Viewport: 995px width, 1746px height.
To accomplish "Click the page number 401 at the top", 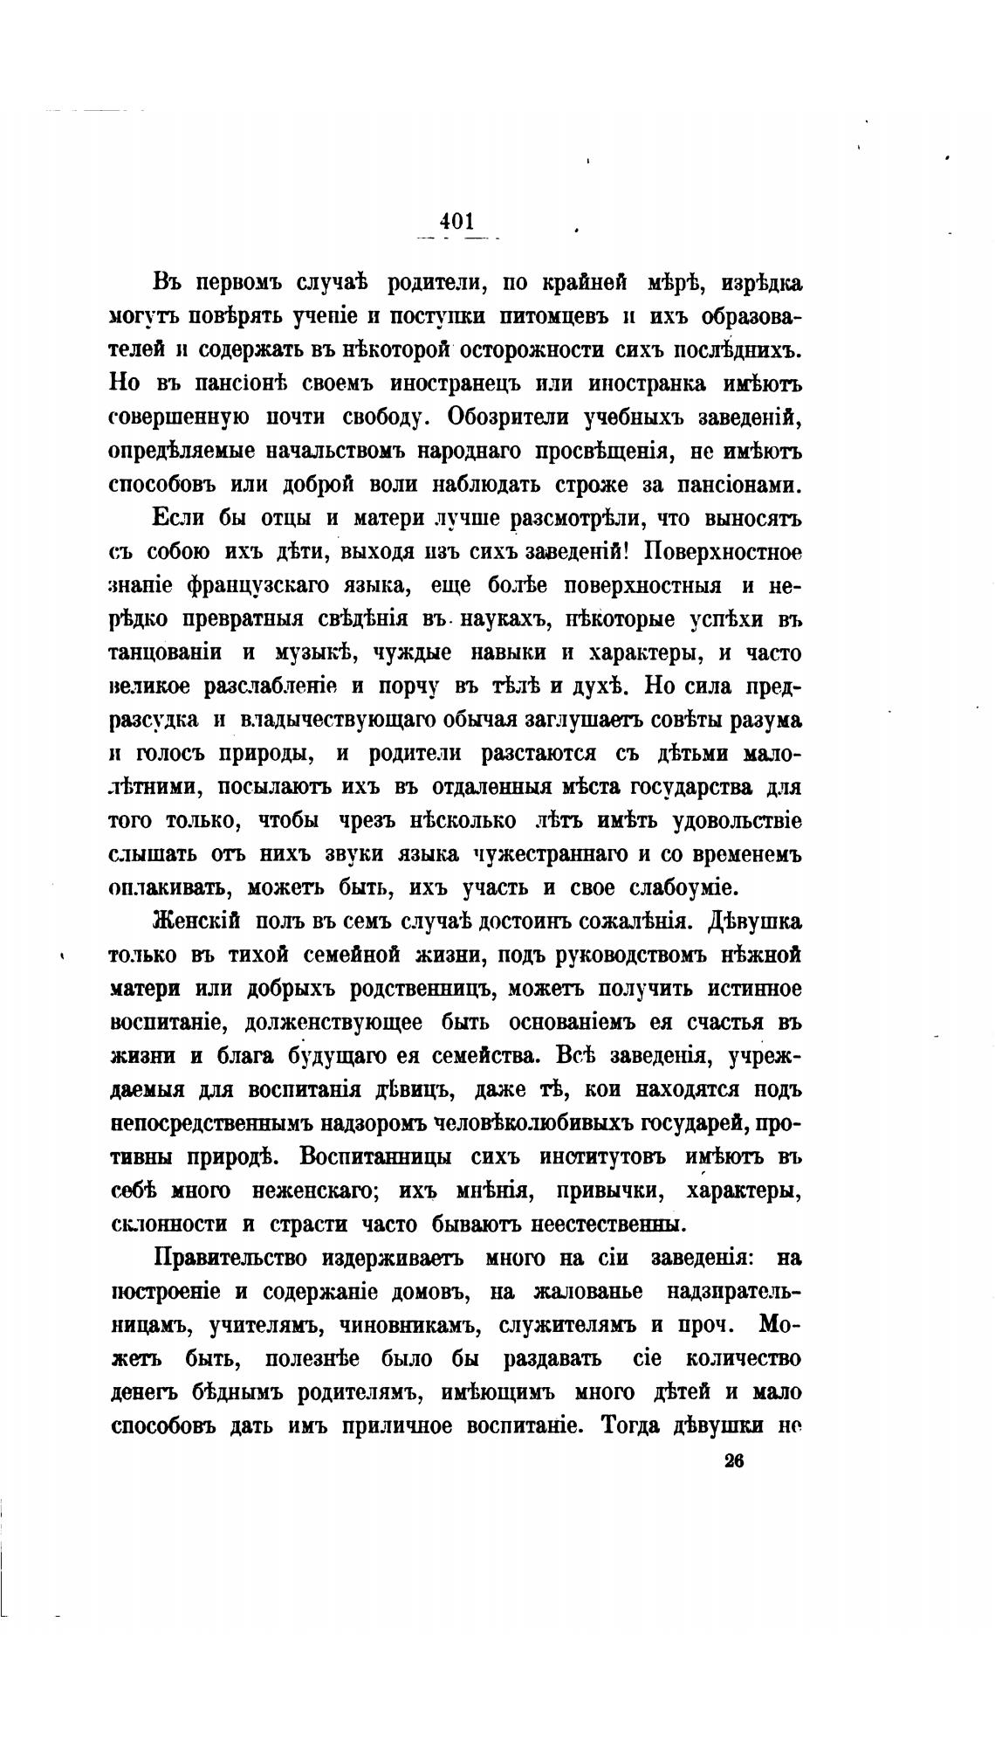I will click(x=456, y=221).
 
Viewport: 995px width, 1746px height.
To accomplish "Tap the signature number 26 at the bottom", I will click(x=733, y=1462).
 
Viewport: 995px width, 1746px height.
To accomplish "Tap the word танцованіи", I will click(x=163, y=652).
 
